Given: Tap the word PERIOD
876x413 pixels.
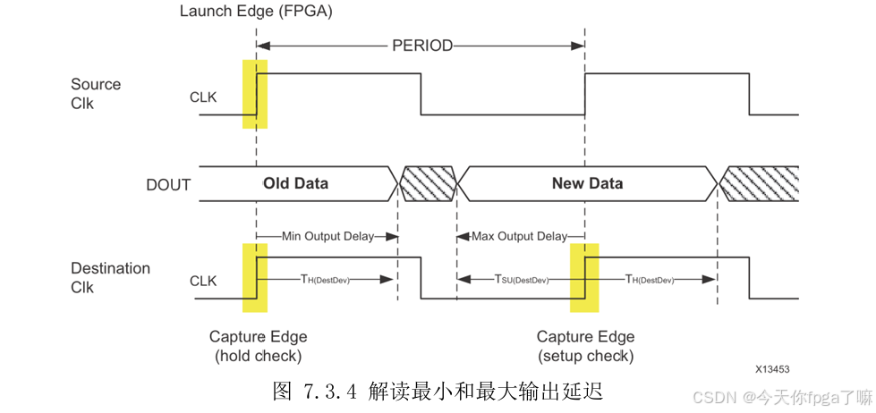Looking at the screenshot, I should (422, 46).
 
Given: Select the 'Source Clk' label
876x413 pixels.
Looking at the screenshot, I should (95, 94).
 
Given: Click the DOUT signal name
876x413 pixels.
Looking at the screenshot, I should (168, 185).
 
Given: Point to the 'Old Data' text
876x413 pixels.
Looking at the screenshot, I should (295, 183).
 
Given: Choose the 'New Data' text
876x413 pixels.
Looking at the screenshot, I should (587, 183).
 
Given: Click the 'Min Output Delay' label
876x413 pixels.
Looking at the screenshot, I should (327, 236).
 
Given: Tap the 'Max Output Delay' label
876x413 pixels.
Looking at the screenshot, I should (519, 236).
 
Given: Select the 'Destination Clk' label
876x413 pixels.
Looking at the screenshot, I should (110, 278).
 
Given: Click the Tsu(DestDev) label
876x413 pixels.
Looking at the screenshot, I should (521, 280).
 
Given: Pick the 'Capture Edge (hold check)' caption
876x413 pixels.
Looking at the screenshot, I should (258, 346).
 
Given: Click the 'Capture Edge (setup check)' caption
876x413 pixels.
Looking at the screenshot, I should (585, 346).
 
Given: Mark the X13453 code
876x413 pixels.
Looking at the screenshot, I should (771, 368).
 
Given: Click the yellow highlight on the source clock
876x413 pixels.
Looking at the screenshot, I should (254, 94).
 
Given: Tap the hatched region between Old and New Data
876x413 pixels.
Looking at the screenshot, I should (428, 184).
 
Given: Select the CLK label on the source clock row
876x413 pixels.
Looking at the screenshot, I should (203, 97).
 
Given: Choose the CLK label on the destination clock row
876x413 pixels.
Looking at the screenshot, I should (203, 281).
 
